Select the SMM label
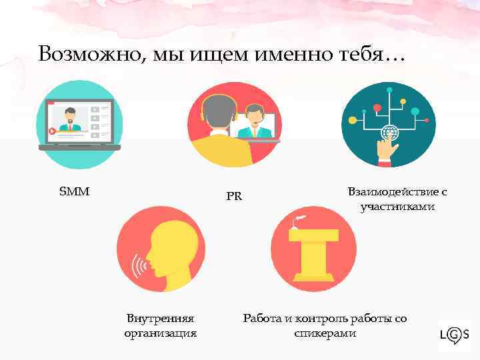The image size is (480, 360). tap(75, 192)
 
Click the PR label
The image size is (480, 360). tap(233, 197)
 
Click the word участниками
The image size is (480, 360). tap(397, 207)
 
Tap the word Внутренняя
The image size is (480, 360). tap(161, 319)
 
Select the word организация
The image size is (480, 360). tap(161, 333)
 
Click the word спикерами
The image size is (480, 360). tap(325, 333)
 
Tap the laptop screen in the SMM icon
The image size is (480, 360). tap(79, 120)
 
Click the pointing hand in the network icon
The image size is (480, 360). tap(387, 150)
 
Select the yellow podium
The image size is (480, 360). tap(314, 250)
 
